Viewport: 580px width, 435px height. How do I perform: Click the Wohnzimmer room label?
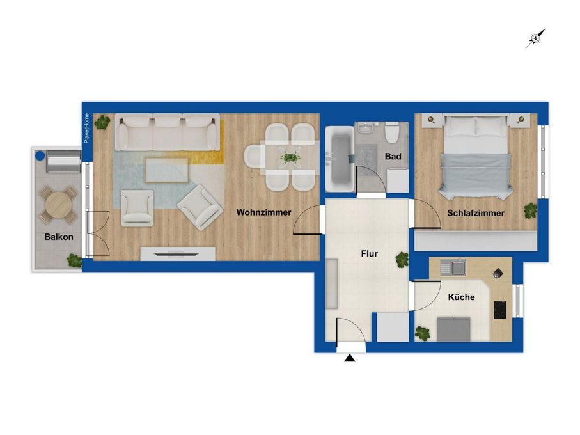(x=263, y=212)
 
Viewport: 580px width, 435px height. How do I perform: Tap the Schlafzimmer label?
(x=476, y=213)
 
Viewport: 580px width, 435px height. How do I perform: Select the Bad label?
(x=393, y=157)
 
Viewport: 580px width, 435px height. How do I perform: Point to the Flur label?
(x=369, y=254)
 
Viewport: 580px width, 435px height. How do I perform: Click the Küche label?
(x=461, y=297)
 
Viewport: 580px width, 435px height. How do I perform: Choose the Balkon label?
(x=59, y=237)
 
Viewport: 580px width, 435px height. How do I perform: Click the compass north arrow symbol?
(x=536, y=38)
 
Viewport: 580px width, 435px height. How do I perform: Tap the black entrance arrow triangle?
(x=350, y=358)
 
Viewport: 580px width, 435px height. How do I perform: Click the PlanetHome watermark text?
(x=86, y=128)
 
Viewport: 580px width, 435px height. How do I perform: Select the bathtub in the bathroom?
(x=340, y=159)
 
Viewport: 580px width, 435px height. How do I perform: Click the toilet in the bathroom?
(x=391, y=133)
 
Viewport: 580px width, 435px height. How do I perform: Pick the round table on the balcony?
(x=58, y=205)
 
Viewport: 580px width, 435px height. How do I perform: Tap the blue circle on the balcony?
(x=40, y=155)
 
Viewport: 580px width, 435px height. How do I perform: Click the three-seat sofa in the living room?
(x=167, y=132)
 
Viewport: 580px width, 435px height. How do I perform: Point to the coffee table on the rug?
(x=166, y=170)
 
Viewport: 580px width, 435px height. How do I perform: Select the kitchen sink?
(x=453, y=267)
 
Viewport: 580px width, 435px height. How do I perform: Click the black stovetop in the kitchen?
(x=500, y=310)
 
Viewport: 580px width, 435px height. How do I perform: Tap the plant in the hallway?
(x=402, y=260)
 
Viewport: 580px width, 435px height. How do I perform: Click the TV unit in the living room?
(x=178, y=254)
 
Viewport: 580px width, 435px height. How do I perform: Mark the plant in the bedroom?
(x=530, y=210)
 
